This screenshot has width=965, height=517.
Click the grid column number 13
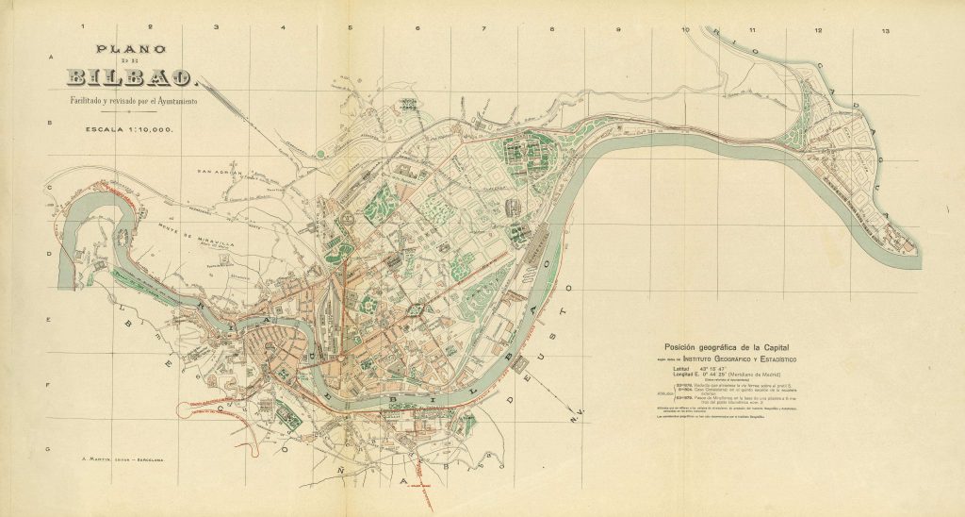(x=884, y=31)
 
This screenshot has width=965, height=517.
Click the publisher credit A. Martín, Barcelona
(x=123, y=460)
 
